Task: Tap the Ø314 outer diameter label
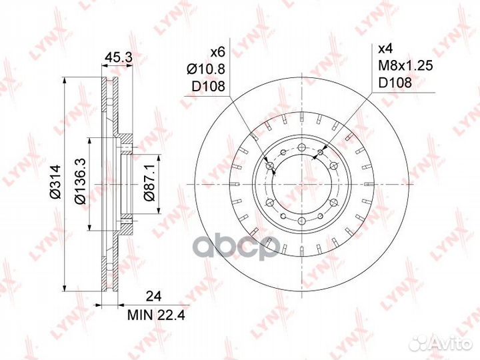click(56, 181)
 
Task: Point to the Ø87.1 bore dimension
click(150, 182)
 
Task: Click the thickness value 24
click(153, 296)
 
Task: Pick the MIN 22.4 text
click(156, 315)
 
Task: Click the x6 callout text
click(218, 53)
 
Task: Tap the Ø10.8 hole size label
click(206, 69)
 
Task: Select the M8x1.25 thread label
click(405, 65)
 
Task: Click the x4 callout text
click(385, 49)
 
